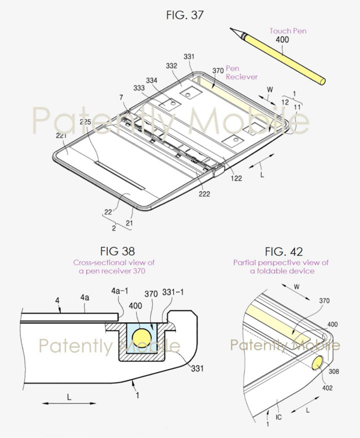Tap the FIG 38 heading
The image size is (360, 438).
[118, 251]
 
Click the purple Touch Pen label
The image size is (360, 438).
[288, 31]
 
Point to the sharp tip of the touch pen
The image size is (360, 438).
[233, 29]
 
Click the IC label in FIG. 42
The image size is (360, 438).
[278, 415]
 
